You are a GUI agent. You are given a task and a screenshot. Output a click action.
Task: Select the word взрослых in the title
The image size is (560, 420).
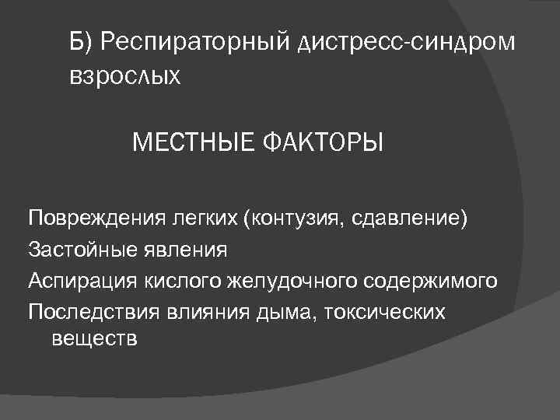pos(125,76)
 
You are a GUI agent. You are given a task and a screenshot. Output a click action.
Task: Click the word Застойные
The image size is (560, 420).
pos(75,249)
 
